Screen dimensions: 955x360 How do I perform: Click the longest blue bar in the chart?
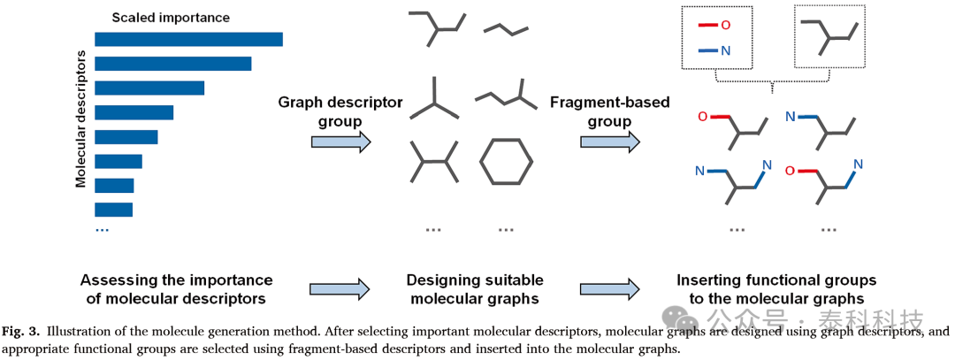click(189, 39)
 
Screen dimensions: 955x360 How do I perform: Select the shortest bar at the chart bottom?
click(114, 210)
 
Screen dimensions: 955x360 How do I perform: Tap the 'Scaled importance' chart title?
click(171, 18)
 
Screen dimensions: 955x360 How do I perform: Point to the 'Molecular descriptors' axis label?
click(80, 124)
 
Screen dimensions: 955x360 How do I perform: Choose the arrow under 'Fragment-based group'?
click(610, 142)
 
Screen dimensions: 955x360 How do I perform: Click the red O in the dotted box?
click(725, 26)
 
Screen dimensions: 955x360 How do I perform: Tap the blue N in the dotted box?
click(725, 51)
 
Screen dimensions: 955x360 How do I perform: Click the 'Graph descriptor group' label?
click(340, 111)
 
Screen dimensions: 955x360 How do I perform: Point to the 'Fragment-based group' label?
click(609, 111)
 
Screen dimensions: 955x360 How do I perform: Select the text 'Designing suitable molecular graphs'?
click(475, 289)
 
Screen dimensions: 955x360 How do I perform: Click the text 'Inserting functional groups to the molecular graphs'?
click(776, 289)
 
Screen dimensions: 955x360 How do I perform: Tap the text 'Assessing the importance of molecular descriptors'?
click(177, 289)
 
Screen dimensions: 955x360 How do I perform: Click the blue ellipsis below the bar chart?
click(102, 230)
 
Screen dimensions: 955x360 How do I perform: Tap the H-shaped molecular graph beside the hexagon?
click(433, 161)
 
